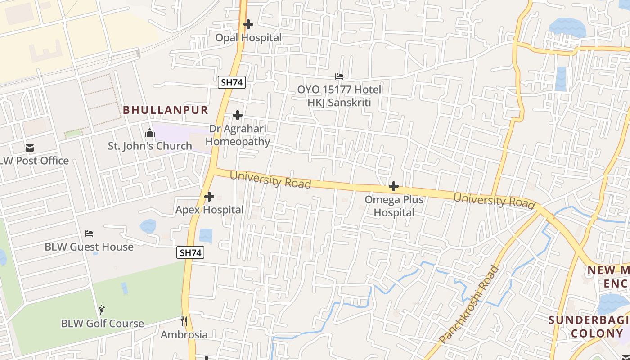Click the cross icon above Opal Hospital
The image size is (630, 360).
click(248, 24)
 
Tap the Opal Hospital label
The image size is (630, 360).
click(248, 38)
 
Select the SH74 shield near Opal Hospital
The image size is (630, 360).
click(232, 82)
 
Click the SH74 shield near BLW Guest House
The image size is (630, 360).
click(190, 253)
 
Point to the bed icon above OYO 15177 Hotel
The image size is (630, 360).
click(339, 77)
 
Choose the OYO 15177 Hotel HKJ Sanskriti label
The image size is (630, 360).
click(339, 96)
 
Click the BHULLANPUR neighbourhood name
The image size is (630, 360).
click(166, 110)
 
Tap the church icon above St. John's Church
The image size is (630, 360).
click(150, 133)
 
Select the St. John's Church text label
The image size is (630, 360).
click(150, 146)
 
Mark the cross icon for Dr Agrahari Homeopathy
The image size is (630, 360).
click(238, 115)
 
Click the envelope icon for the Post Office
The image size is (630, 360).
click(30, 148)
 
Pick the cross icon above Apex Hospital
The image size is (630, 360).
click(209, 197)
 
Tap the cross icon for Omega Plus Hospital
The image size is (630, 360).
click(394, 186)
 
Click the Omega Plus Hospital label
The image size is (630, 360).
click(394, 206)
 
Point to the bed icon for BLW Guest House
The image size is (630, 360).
click(89, 234)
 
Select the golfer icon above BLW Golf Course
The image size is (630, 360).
click(102, 310)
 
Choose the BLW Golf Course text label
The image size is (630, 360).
click(103, 324)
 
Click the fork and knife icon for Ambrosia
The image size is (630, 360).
click(184, 321)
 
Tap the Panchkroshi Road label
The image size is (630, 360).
click(469, 305)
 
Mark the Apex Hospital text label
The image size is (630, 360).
click(209, 210)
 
